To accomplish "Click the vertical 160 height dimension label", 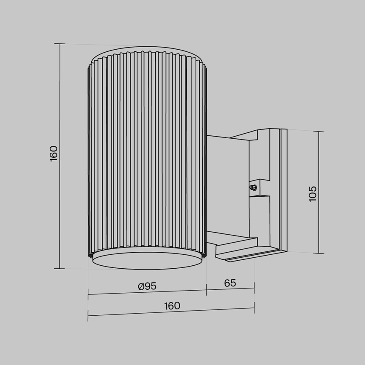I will coord(53,153).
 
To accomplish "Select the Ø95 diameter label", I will coord(147,286).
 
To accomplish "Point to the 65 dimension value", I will coord(230,283).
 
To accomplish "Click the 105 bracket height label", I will coord(312,193).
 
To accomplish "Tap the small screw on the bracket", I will coord(253,188).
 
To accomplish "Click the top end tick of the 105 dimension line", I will coord(319,132).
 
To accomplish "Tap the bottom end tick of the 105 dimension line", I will coord(319,254).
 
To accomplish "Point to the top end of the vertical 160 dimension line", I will coord(60,44).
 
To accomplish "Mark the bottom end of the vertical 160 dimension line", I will coord(60,268).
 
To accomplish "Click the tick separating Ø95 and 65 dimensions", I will coord(206,289).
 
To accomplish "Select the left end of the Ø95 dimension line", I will coord(88,294).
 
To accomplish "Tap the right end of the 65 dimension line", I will coord(254,288).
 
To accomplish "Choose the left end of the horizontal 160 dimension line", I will coord(88,315).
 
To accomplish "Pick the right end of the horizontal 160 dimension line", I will coord(254,308).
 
